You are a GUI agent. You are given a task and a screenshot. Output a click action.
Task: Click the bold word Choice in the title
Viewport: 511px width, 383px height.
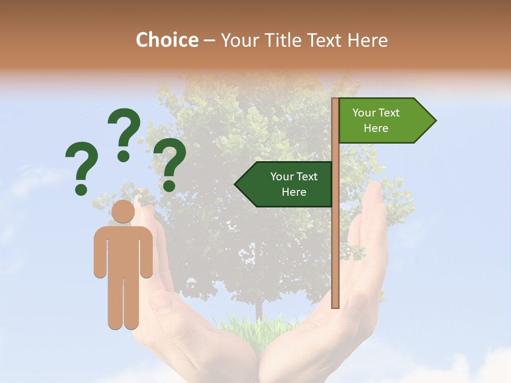[167, 40]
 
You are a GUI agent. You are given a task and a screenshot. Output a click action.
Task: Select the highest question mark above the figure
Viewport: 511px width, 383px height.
[124, 133]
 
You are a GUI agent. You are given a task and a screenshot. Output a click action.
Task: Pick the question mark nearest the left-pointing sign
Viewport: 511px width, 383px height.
[170, 163]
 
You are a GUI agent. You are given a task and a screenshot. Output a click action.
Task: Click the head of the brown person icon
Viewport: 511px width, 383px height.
[123, 212]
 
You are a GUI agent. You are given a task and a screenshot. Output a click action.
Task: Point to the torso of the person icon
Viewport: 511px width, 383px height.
[123, 250]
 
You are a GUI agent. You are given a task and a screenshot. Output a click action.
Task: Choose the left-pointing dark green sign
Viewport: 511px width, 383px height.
[287, 184]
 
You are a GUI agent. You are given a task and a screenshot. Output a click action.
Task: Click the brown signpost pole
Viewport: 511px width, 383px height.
[335, 239]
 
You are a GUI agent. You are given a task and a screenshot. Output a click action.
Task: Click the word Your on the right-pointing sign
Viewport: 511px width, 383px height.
[364, 113]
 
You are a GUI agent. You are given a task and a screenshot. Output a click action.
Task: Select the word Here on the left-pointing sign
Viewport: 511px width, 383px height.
[294, 192]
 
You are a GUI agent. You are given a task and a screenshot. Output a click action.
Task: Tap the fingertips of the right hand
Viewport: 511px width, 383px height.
[375, 188]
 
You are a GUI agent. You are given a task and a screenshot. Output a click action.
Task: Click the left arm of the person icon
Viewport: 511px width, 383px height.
[100, 253]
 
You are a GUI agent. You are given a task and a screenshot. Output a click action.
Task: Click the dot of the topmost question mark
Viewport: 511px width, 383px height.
[123, 156]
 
